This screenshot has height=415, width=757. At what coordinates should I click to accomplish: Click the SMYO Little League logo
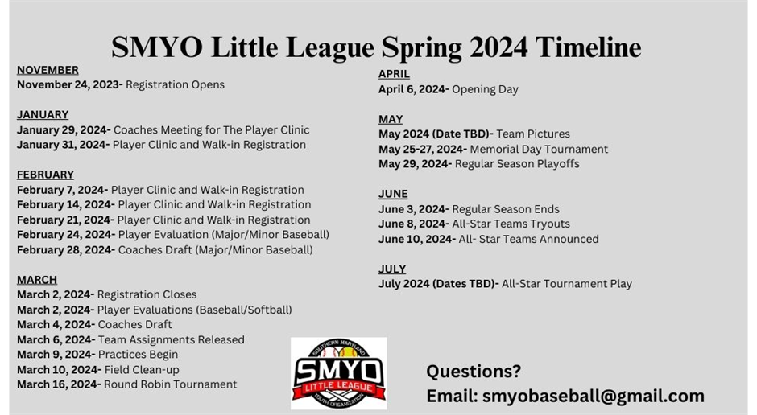tap(338, 373)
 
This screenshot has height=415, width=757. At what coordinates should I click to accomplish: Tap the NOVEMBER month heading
tap(48, 70)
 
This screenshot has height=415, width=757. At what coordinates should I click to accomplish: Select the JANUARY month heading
tap(43, 115)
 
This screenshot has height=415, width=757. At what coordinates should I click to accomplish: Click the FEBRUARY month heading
tap(45, 175)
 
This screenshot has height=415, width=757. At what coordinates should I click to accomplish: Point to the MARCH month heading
tap(37, 280)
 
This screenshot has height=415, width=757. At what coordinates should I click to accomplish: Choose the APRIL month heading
tap(394, 74)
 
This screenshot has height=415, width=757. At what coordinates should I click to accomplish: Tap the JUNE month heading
tap(393, 194)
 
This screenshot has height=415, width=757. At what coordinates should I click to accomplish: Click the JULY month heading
tap(392, 269)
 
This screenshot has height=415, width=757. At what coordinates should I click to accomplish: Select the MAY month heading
tap(391, 119)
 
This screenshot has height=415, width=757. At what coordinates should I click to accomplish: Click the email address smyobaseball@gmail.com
tap(594, 396)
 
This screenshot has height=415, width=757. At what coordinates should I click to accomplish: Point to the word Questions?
tap(474, 371)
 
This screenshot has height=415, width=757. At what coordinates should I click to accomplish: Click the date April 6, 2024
tap(413, 89)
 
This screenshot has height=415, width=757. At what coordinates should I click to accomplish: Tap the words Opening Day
tap(485, 89)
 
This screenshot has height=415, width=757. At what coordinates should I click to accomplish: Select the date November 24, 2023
tap(68, 84)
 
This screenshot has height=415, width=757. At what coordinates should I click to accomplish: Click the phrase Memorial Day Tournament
tap(539, 150)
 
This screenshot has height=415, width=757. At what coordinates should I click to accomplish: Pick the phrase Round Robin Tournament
tap(171, 384)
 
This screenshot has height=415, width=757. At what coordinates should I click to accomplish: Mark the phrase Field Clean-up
tap(142, 370)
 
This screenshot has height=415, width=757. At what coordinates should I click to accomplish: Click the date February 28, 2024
tap(64, 250)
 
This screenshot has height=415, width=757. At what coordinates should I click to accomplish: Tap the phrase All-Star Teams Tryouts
tap(511, 224)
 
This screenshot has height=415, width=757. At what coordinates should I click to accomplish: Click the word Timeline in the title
tap(588, 47)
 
